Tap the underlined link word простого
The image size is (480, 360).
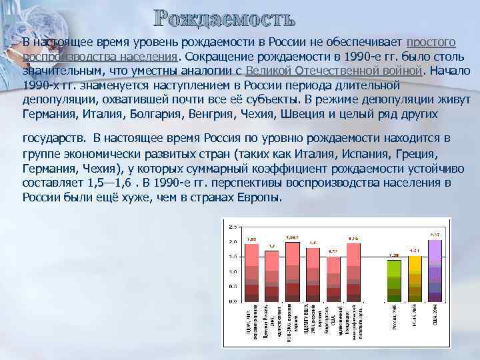431,42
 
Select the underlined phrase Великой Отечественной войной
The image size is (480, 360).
334,71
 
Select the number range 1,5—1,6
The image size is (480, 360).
105,182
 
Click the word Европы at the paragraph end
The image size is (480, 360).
261,197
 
